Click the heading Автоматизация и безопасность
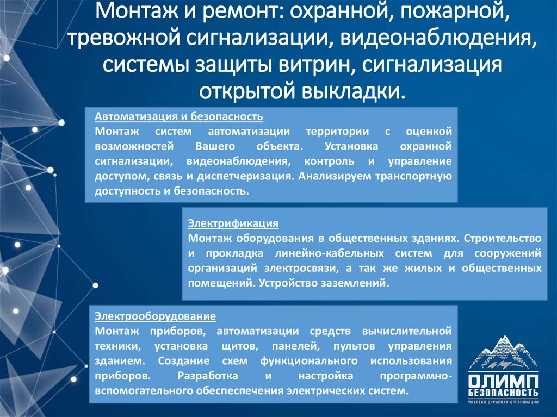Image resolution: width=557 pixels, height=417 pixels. click(x=179, y=116)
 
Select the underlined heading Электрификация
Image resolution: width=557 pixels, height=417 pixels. click(x=233, y=223)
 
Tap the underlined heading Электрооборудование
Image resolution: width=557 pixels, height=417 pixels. click(x=156, y=316)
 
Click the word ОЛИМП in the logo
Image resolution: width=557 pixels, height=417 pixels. click(x=503, y=380)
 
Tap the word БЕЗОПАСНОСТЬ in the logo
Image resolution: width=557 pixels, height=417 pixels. click(x=503, y=393)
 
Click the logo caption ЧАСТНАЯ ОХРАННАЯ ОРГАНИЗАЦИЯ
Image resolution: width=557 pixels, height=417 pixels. click(x=503, y=402)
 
